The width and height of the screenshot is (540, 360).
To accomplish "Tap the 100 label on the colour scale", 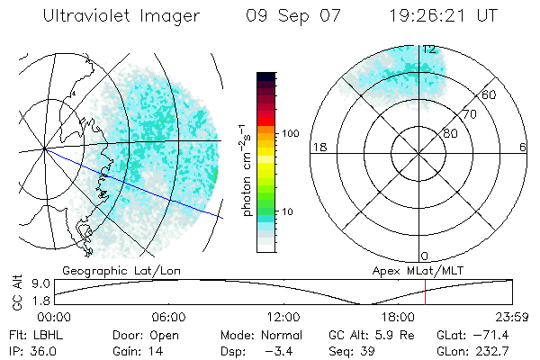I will tap(291, 132).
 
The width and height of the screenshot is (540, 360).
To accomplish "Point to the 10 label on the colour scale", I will tap(287, 211).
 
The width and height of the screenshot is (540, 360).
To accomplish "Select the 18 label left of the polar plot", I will tap(318, 147).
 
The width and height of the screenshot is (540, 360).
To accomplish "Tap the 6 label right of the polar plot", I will tap(523, 147).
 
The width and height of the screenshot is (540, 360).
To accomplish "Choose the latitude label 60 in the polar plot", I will tap(490, 94).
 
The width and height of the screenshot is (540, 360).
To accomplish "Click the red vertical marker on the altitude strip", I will tap(425, 292).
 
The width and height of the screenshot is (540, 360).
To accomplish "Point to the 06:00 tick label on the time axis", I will tap(168, 317).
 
